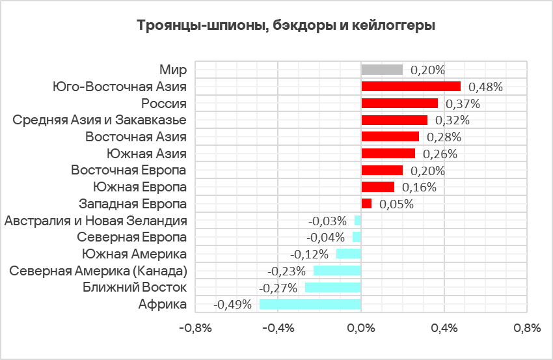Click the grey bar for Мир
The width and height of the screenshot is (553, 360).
382,70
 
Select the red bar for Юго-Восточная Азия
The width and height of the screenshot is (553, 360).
411,87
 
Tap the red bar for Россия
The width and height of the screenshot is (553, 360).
399,104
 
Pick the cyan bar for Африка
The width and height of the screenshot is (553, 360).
310,304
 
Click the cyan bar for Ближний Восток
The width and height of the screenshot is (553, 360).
332,287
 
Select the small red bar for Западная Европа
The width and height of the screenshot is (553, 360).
366,204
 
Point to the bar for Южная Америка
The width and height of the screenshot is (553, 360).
348,254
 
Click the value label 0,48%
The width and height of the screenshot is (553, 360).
486,87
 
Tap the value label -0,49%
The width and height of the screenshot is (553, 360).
233,304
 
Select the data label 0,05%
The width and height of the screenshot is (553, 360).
396,204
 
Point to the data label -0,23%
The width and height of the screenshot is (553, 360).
287,271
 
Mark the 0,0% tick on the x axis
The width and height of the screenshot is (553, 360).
360,329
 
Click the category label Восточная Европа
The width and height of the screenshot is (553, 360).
129,171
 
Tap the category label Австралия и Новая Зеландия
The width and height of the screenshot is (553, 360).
96,221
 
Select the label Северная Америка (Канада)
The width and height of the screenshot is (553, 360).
98,271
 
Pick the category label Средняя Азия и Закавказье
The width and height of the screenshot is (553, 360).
100,120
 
